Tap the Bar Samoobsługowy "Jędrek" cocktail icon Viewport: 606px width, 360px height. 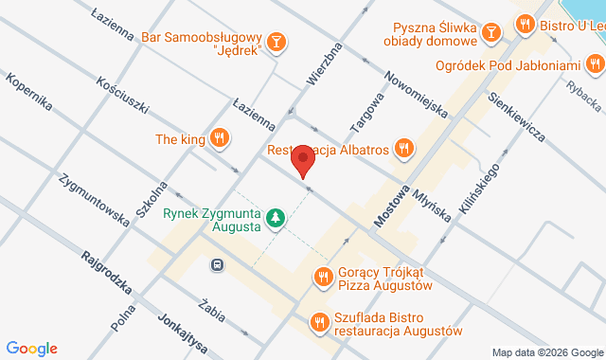276,42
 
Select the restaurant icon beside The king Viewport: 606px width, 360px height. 220,139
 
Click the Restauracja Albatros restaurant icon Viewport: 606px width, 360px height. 403,147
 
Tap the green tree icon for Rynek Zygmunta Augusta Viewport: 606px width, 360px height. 276,219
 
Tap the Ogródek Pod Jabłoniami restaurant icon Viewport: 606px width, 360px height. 594,64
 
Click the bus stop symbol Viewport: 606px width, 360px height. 218,265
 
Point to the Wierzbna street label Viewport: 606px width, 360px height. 322,61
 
